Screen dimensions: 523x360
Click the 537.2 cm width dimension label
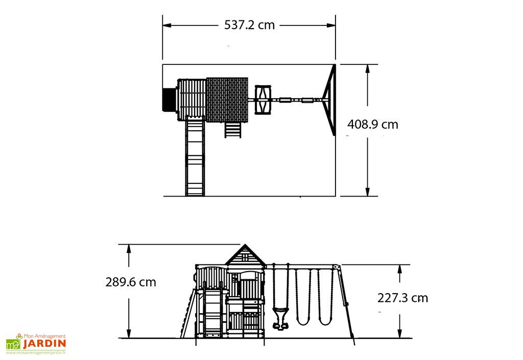tap(249, 25)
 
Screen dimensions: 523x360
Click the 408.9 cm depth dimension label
tap(372, 124)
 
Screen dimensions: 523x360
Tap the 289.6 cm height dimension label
tap(131, 282)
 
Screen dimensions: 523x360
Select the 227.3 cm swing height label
tap(402, 298)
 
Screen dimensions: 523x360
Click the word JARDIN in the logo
tap(44, 344)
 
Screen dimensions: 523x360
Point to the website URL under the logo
tap(36, 352)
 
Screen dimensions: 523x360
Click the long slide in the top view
tap(195, 156)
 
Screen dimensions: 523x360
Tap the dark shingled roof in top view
tap(227, 100)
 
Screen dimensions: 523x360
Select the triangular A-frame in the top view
tap(329, 100)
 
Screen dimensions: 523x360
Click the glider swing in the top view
tap(263, 100)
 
